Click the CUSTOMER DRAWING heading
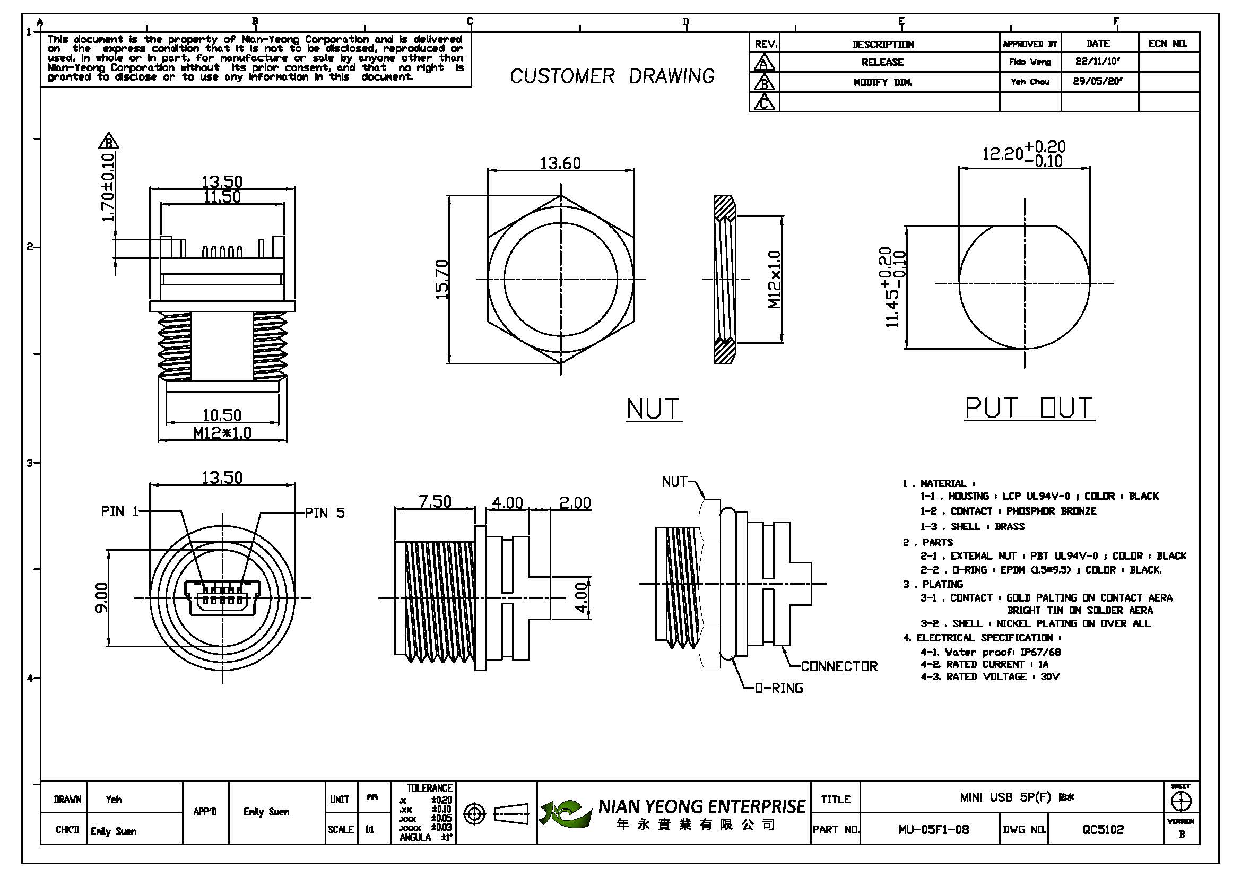pos(612,76)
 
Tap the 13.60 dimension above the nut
pos(560,163)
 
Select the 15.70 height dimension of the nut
pos(441,280)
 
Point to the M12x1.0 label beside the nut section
pos(775,280)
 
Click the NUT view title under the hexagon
pos(653,409)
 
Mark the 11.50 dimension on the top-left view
pos(222,197)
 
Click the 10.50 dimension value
pos(222,415)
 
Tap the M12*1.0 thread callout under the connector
pos(222,433)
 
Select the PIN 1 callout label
pos(119,511)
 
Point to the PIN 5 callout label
pos(324,513)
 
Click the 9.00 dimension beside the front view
pos(101,597)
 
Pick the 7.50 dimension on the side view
pos(435,502)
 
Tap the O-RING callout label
pos(779,688)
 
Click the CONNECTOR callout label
pos(839,666)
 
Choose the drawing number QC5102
pos(1103,829)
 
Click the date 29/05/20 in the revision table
pos(1098,82)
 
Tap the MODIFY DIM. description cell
pos(882,82)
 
